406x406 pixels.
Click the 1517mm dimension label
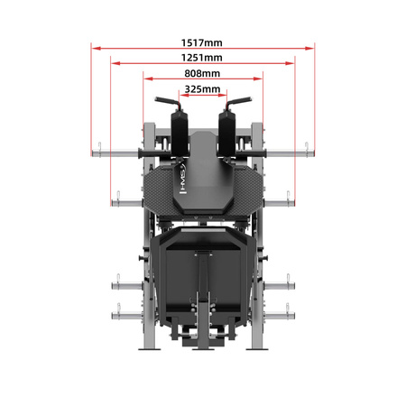[202, 42]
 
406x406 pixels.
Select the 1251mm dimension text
[202, 58]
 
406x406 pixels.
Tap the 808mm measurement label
[202, 73]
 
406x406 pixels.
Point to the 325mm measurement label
[202, 89]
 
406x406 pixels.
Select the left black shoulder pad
[180, 134]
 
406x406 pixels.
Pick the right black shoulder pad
[226, 134]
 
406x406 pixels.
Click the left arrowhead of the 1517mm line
[96, 48]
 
